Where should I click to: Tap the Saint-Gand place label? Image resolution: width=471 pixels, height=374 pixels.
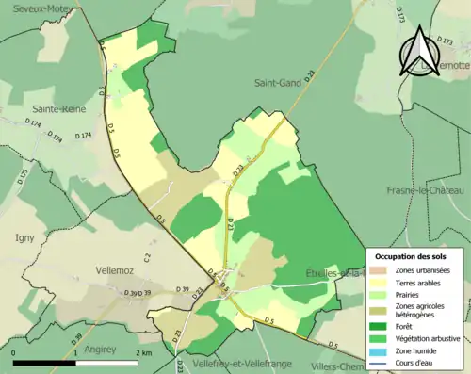point(277,83)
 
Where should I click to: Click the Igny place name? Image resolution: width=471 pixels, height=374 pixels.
point(24,238)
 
